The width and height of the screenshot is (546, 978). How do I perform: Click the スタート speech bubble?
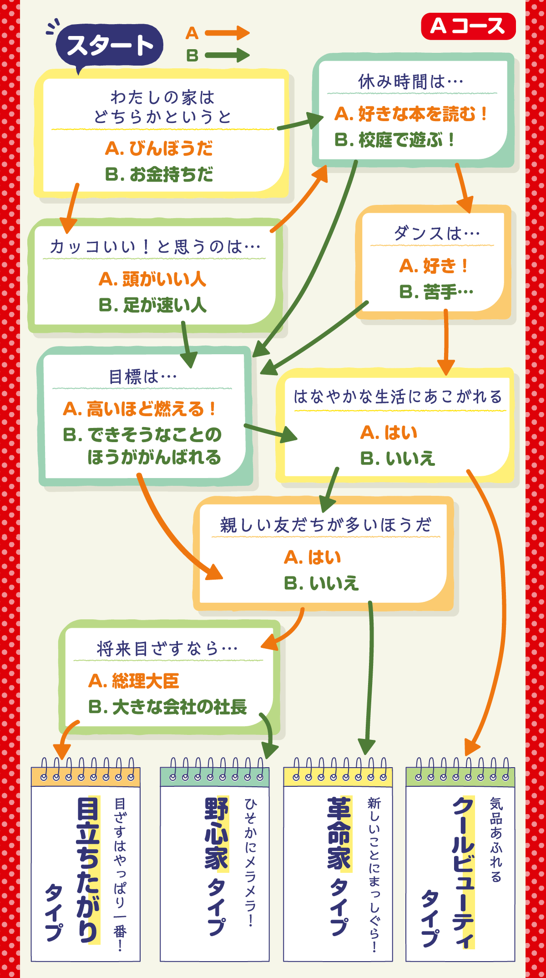click(109, 45)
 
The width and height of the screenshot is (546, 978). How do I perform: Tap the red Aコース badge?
click(468, 26)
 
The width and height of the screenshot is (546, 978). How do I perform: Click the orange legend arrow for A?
click(227, 33)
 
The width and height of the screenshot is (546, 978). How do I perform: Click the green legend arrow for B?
click(227, 56)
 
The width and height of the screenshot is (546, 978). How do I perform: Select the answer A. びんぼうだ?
click(159, 148)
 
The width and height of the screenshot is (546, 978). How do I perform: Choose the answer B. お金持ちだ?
click(159, 174)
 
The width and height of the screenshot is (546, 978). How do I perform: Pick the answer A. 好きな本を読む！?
click(411, 114)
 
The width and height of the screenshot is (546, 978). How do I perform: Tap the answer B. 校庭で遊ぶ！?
click(394, 140)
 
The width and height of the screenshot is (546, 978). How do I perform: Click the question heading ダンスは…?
click(437, 234)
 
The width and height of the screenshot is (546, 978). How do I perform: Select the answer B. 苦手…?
click(436, 292)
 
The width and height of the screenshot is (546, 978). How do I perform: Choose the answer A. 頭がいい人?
click(152, 279)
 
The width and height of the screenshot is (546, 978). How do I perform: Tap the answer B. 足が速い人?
click(152, 305)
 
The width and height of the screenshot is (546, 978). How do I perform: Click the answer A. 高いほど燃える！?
click(139, 409)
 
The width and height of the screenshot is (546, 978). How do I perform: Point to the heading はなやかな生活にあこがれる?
click(398, 397)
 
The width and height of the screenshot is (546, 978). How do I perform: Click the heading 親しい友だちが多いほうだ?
click(326, 525)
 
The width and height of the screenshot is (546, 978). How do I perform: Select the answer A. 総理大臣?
click(134, 681)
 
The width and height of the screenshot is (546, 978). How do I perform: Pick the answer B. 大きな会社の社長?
click(167, 707)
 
